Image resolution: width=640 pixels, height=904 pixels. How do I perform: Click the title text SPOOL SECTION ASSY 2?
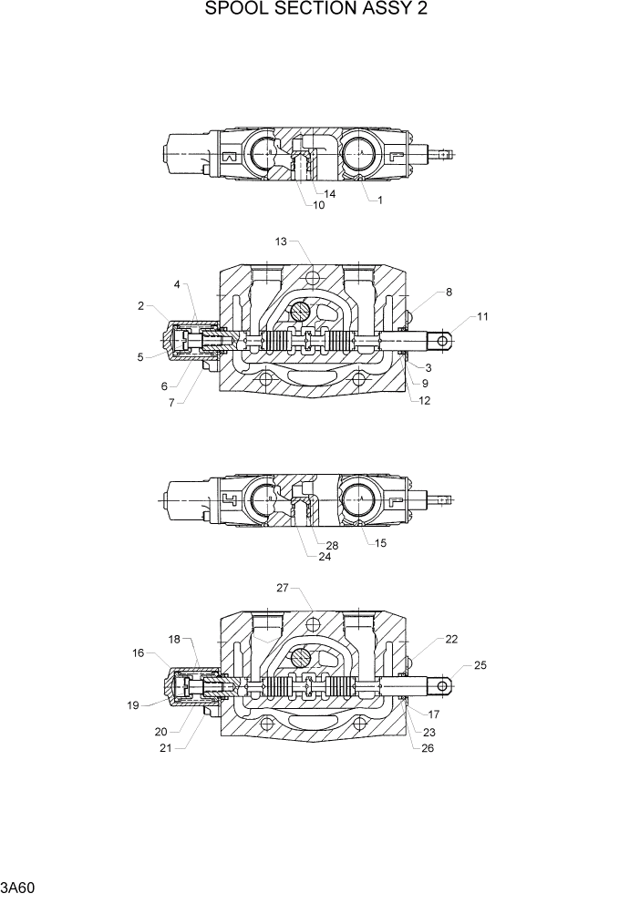[x=317, y=10]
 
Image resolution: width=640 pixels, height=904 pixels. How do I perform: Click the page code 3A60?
[x=18, y=887]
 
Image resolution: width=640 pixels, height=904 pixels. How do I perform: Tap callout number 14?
[x=329, y=194]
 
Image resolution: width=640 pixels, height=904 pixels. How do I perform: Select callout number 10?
[x=319, y=205]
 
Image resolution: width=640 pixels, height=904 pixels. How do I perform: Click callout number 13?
[x=281, y=241]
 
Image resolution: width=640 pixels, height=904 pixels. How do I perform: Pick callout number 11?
[x=483, y=317]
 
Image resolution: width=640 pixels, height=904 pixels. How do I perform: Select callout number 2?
[x=141, y=306]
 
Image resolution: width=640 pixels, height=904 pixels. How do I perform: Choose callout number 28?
[x=332, y=545]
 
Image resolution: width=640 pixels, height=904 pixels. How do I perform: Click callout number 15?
[x=380, y=543]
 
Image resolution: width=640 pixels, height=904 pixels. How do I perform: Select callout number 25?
[x=480, y=666]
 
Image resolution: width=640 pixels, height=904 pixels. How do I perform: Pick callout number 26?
[x=428, y=749]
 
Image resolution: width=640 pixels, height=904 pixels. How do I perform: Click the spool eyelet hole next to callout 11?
[x=443, y=341]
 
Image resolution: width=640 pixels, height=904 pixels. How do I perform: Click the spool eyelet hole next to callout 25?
[x=443, y=686]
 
